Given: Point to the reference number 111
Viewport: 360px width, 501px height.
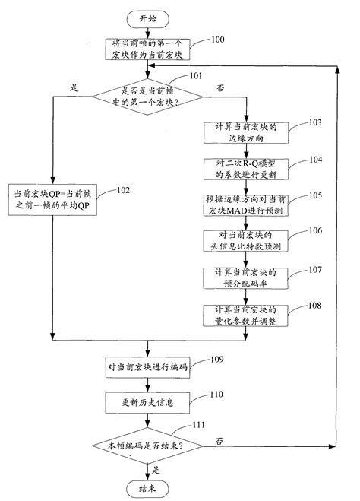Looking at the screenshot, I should [x=199, y=426].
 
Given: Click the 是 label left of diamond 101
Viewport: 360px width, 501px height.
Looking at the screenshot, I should [x=74, y=88].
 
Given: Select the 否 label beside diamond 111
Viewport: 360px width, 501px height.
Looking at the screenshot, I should [x=219, y=440].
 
